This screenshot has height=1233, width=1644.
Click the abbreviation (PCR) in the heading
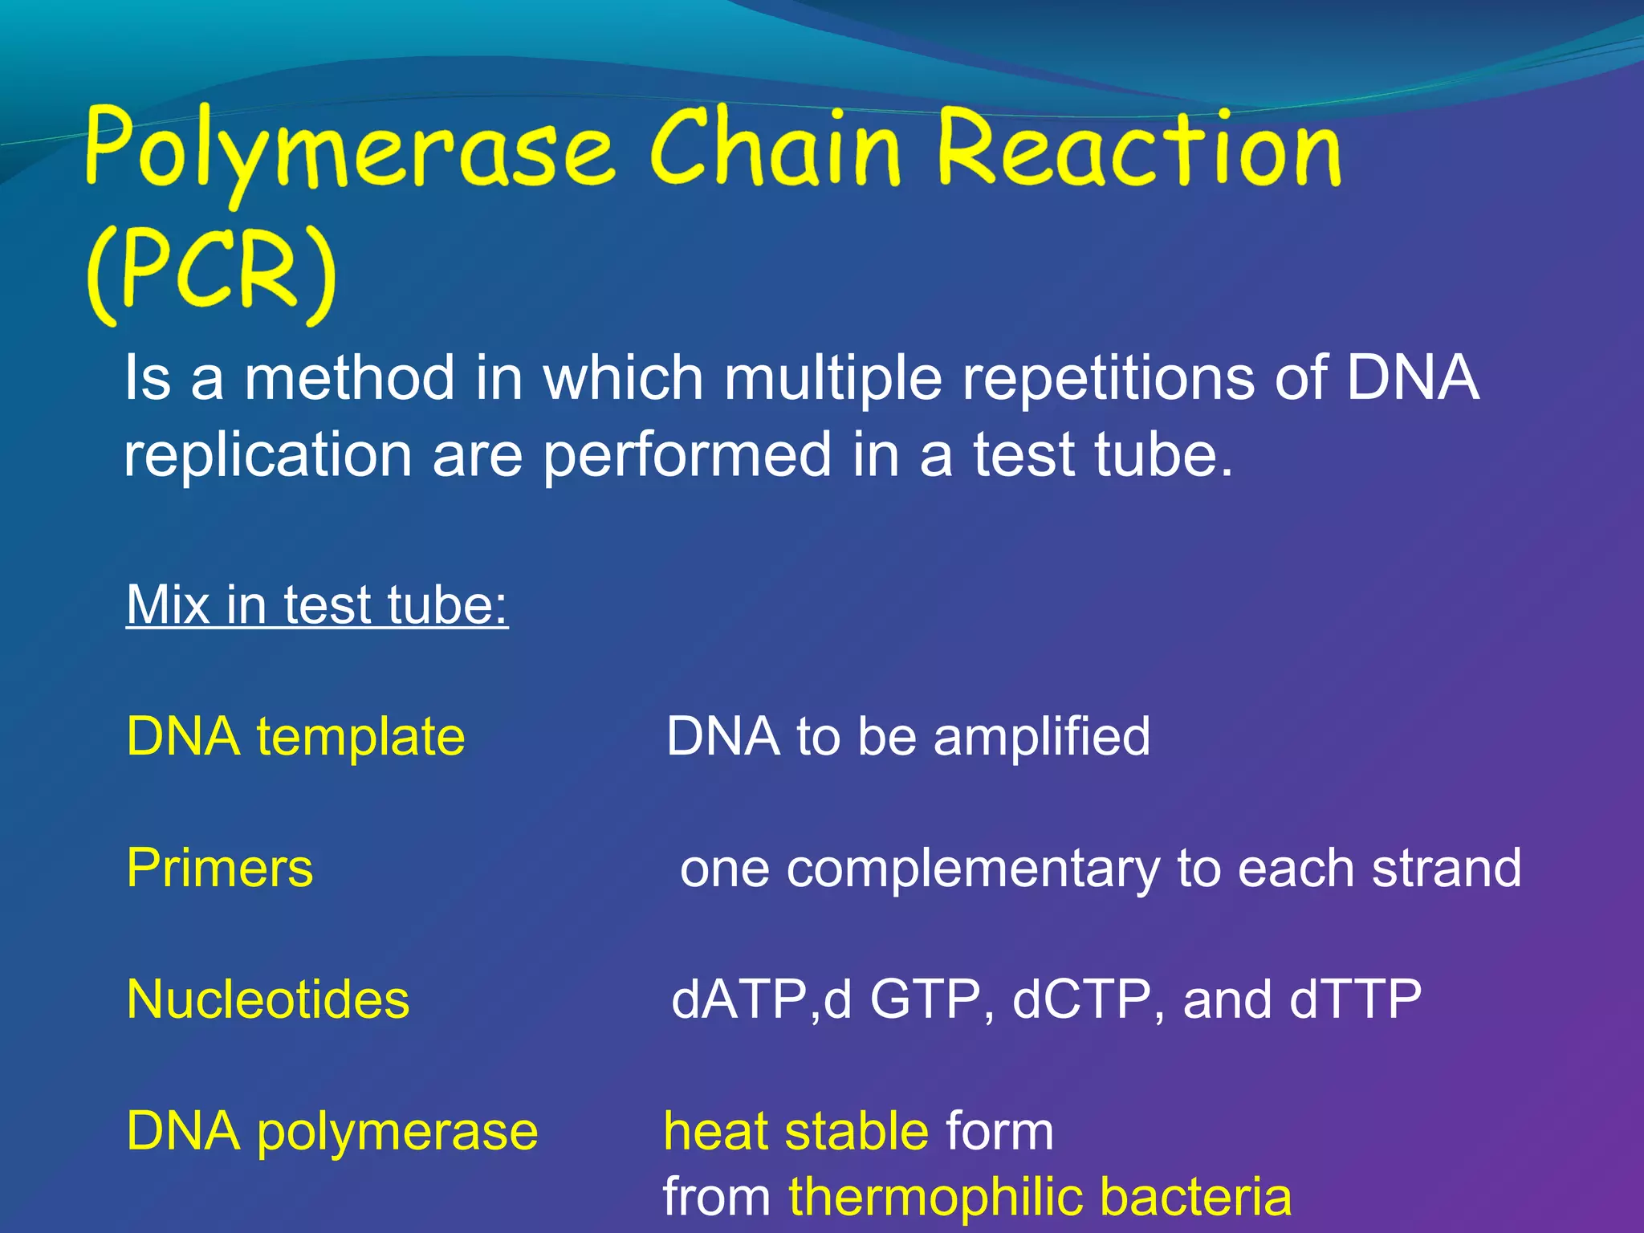point(210,273)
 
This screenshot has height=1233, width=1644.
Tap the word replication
point(267,455)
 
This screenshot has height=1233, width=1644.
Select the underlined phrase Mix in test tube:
point(317,604)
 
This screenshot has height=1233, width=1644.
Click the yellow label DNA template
point(295,737)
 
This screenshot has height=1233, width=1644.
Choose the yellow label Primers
point(219,869)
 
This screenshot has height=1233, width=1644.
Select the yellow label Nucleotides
point(267,1000)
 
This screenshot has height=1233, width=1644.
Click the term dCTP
point(1080,1000)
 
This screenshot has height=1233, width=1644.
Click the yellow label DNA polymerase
point(332,1133)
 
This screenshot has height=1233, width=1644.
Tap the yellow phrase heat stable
point(796,1132)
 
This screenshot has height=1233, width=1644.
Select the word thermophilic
point(934,1198)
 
